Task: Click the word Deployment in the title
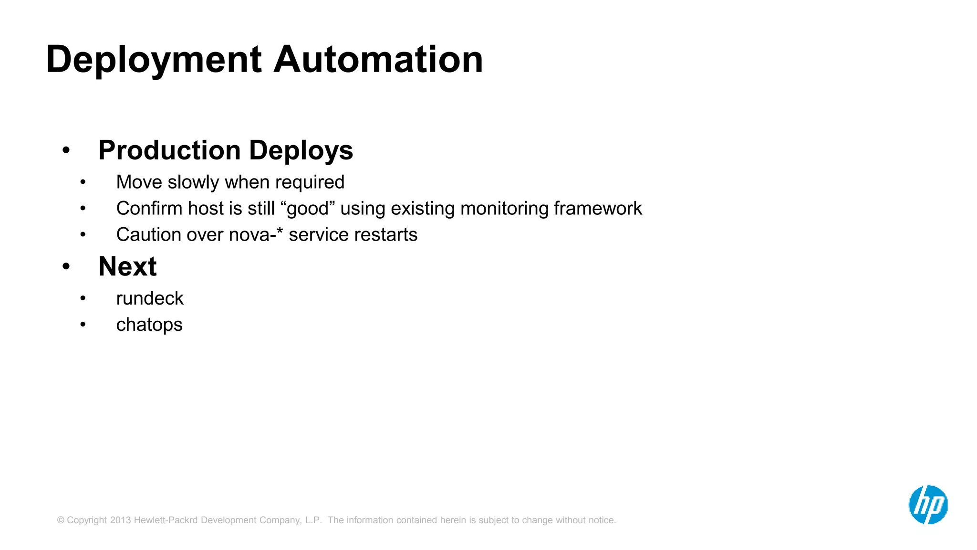coord(154,60)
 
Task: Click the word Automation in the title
coord(378,60)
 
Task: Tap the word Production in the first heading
coord(169,150)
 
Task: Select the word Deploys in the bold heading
coord(301,150)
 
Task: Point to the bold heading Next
coord(127,266)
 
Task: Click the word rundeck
coord(150,298)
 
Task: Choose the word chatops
coord(149,325)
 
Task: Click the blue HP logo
coord(928,505)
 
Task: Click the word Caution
coord(148,235)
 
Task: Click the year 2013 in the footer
coord(120,520)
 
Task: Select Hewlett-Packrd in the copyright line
coord(166,520)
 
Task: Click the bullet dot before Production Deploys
coord(66,150)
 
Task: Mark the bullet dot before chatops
coord(83,325)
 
